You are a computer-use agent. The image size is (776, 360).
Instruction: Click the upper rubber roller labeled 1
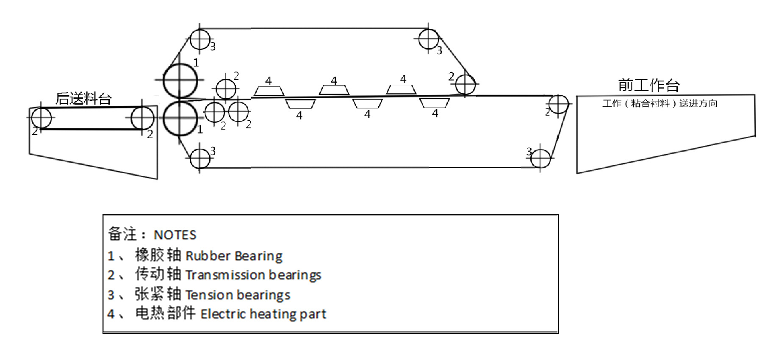coord(180,80)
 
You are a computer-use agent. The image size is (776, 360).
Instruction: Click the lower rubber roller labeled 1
coord(180,118)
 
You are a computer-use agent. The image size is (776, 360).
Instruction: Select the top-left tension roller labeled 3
coord(200,39)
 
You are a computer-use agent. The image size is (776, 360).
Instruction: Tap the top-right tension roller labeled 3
coord(428,39)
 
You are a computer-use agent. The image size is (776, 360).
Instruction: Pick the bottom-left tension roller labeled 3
coord(200,158)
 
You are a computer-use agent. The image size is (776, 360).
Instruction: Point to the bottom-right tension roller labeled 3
coord(540,159)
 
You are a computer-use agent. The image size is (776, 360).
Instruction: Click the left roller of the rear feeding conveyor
coord(41,117)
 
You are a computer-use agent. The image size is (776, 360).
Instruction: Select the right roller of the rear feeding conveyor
coord(142,118)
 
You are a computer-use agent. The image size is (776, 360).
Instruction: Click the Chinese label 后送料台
coord(83,99)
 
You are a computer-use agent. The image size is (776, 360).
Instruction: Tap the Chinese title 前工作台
coord(649,85)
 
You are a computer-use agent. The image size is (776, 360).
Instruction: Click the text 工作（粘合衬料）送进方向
coord(660,103)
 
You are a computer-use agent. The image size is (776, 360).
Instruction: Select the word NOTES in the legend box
coord(175,235)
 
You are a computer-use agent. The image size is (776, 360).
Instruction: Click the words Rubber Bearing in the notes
coord(234,256)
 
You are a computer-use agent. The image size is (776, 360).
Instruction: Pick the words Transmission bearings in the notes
coord(253,275)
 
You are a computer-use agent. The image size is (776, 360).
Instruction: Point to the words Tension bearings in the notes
coord(238,295)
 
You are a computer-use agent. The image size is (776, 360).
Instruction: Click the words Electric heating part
coord(263,314)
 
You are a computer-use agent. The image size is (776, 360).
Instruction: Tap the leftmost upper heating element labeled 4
coord(269,91)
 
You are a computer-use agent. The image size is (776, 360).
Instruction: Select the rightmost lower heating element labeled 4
coord(434,103)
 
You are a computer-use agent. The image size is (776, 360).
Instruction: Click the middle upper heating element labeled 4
coord(334,90)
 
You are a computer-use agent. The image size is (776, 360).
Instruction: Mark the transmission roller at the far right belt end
coord(558,104)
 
